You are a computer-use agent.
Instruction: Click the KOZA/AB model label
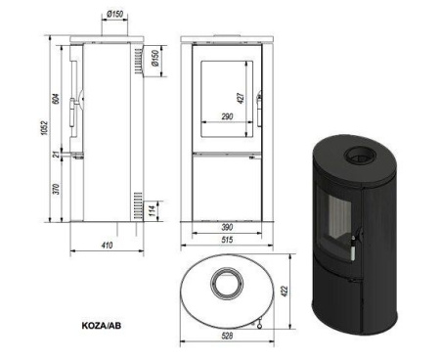click(x=102, y=326)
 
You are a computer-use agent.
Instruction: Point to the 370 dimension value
click(x=57, y=189)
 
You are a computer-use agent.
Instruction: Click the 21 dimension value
click(x=58, y=155)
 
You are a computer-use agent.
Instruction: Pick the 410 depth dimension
click(x=107, y=245)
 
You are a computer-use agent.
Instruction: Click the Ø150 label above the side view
click(x=114, y=14)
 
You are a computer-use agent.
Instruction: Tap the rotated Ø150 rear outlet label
click(x=155, y=58)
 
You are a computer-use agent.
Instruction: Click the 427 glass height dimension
click(x=241, y=98)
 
